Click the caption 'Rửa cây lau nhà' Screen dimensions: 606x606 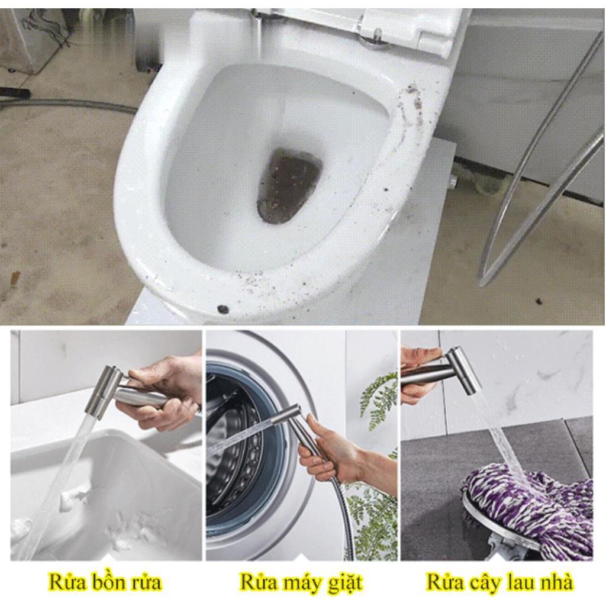click(499, 582)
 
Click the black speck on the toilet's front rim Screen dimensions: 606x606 click(223, 308)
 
